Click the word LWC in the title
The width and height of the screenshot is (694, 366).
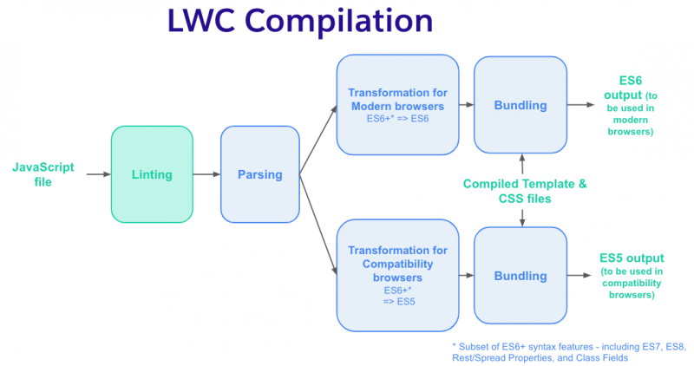(201, 20)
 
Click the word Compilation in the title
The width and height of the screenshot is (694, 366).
(338, 21)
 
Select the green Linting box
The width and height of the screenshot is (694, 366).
(152, 174)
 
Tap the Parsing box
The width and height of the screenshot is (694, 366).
(259, 174)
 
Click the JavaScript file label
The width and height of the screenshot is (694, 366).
(43, 174)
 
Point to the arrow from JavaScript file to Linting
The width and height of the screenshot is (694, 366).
(98, 174)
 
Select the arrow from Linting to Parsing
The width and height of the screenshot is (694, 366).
(206, 174)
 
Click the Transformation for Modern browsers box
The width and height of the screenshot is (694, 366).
(397, 105)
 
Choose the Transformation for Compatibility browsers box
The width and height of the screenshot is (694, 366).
(397, 275)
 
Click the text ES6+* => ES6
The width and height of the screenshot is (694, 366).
(397, 119)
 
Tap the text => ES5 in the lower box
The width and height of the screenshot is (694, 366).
(399, 302)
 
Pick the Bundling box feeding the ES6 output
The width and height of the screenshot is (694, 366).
(520, 105)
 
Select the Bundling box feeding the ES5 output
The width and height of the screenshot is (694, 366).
(520, 275)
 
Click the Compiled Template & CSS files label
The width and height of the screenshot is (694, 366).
(525, 191)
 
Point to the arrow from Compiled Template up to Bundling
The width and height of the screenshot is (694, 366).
(522, 164)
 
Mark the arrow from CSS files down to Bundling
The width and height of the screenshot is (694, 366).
(522, 218)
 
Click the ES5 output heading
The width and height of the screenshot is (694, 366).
(632, 258)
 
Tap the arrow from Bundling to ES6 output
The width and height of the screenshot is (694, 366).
(580, 105)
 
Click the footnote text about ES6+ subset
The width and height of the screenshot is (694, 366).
(569, 352)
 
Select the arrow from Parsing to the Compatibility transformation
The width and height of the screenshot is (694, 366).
(318, 225)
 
